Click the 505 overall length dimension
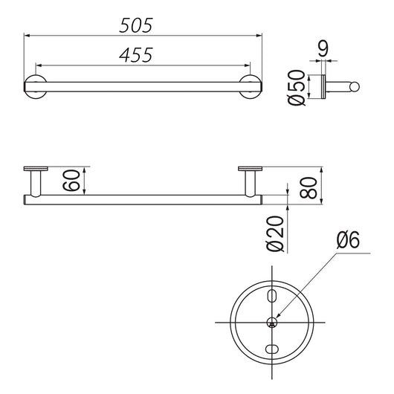[136, 25]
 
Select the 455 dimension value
[136, 55]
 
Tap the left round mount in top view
[35, 86]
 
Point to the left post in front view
[35, 183]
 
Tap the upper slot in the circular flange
[273, 297]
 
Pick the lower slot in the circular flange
[273, 349]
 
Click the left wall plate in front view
[35, 168]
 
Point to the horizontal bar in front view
[141, 199]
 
